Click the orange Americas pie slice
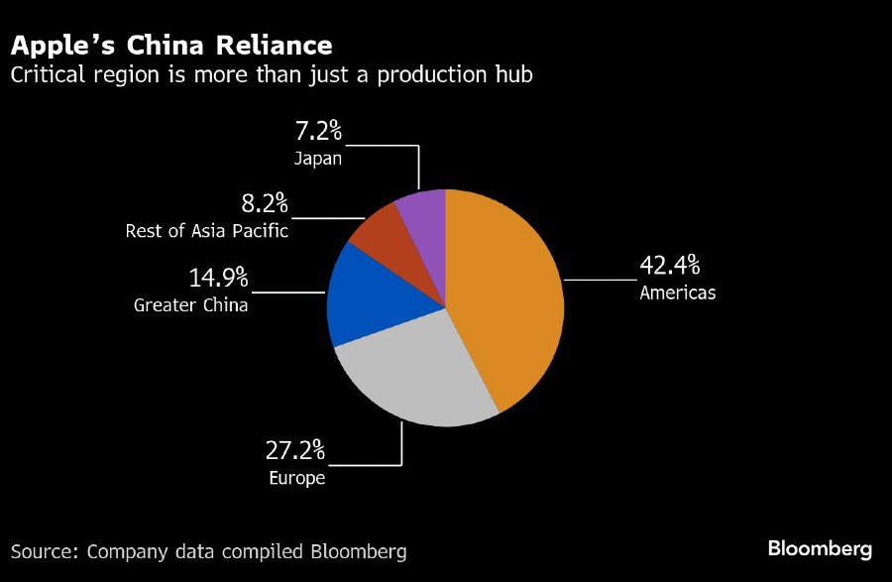505,297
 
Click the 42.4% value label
670,266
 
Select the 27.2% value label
294,451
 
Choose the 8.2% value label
265,205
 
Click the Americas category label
677,292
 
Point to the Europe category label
296,478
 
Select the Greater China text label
191,305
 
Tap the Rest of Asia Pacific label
207,232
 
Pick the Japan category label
318,159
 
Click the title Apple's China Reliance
170,46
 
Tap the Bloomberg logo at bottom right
820,549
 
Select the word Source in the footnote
45,551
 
